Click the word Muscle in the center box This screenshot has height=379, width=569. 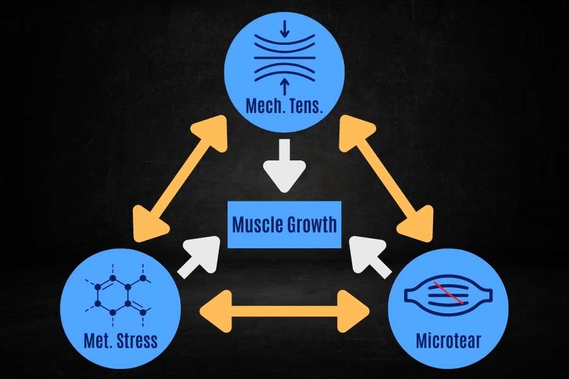(x=257, y=224)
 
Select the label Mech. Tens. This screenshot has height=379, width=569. (x=284, y=105)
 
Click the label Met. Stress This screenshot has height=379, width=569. (x=121, y=340)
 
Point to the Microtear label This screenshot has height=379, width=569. (x=448, y=340)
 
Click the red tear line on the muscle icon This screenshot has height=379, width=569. (x=448, y=292)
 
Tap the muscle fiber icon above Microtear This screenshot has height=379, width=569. (x=448, y=293)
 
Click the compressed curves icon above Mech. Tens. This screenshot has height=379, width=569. (x=284, y=57)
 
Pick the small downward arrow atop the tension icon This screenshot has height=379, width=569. (x=285, y=28)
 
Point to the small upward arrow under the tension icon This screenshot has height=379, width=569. (x=285, y=87)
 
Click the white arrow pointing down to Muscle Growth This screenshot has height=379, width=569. (x=284, y=165)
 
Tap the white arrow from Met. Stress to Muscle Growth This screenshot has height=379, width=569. (x=199, y=257)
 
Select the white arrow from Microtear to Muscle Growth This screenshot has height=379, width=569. (x=370, y=257)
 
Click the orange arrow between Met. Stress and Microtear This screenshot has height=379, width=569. (x=284, y=311)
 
